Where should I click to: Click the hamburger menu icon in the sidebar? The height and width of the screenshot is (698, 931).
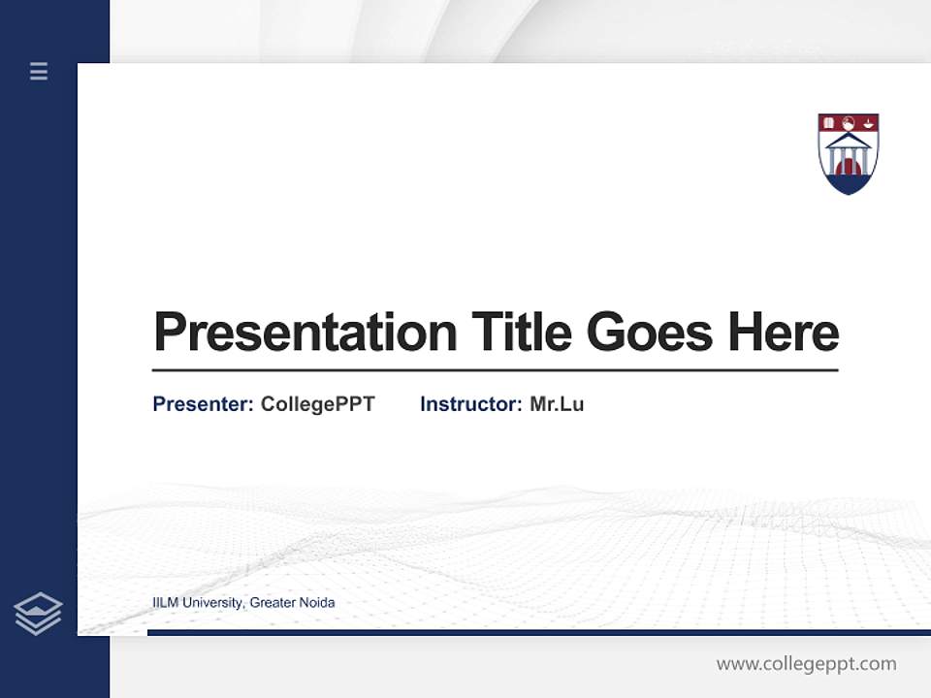(x=39, y=71)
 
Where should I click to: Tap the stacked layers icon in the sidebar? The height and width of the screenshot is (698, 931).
(x=38, y=614)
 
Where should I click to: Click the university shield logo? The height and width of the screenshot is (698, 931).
(x=849, y=153)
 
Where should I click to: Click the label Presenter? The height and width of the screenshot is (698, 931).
(x=204, y=404)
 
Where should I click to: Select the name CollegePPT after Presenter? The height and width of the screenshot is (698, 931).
(x=318, y=404)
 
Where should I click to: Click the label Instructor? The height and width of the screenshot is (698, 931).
(x=471, y=404)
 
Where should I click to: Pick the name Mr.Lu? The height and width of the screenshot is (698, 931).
(x=557, y=404)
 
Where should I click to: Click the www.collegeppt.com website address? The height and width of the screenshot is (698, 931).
(x=806, y=664)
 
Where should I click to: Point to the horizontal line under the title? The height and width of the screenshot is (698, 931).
(x=495, y=370)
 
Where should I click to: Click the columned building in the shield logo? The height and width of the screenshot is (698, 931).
(x=849, y=152)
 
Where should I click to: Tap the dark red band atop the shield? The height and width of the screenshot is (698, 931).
(x=849, y=122)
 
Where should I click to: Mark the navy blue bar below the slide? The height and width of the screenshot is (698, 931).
(x=538, y=632)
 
